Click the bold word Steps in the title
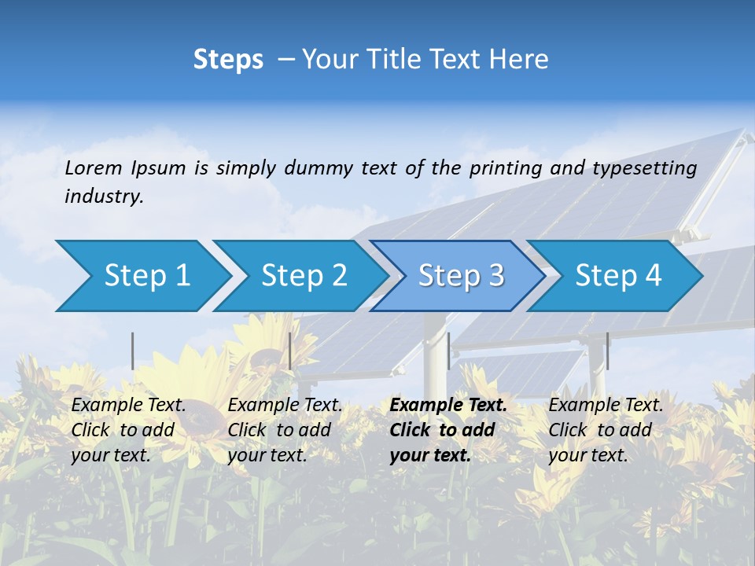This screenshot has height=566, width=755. (x=228, y=60)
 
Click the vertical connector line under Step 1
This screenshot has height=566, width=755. (x=133, y=351)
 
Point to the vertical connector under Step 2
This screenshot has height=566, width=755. (x=290, y=351)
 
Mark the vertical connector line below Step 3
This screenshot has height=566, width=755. (x=448, y=351)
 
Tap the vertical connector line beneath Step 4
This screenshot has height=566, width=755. (x=607, y=351)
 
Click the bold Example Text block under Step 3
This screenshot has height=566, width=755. (x=448, y=430)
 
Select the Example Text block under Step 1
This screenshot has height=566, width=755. (x=128, y=430)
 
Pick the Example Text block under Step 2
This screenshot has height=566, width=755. (x=285, y=430)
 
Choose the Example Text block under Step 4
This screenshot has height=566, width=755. (x=606, y=430)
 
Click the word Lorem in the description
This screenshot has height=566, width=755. (x=94, y=168)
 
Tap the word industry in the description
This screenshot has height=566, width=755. (x=104, y=197)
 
